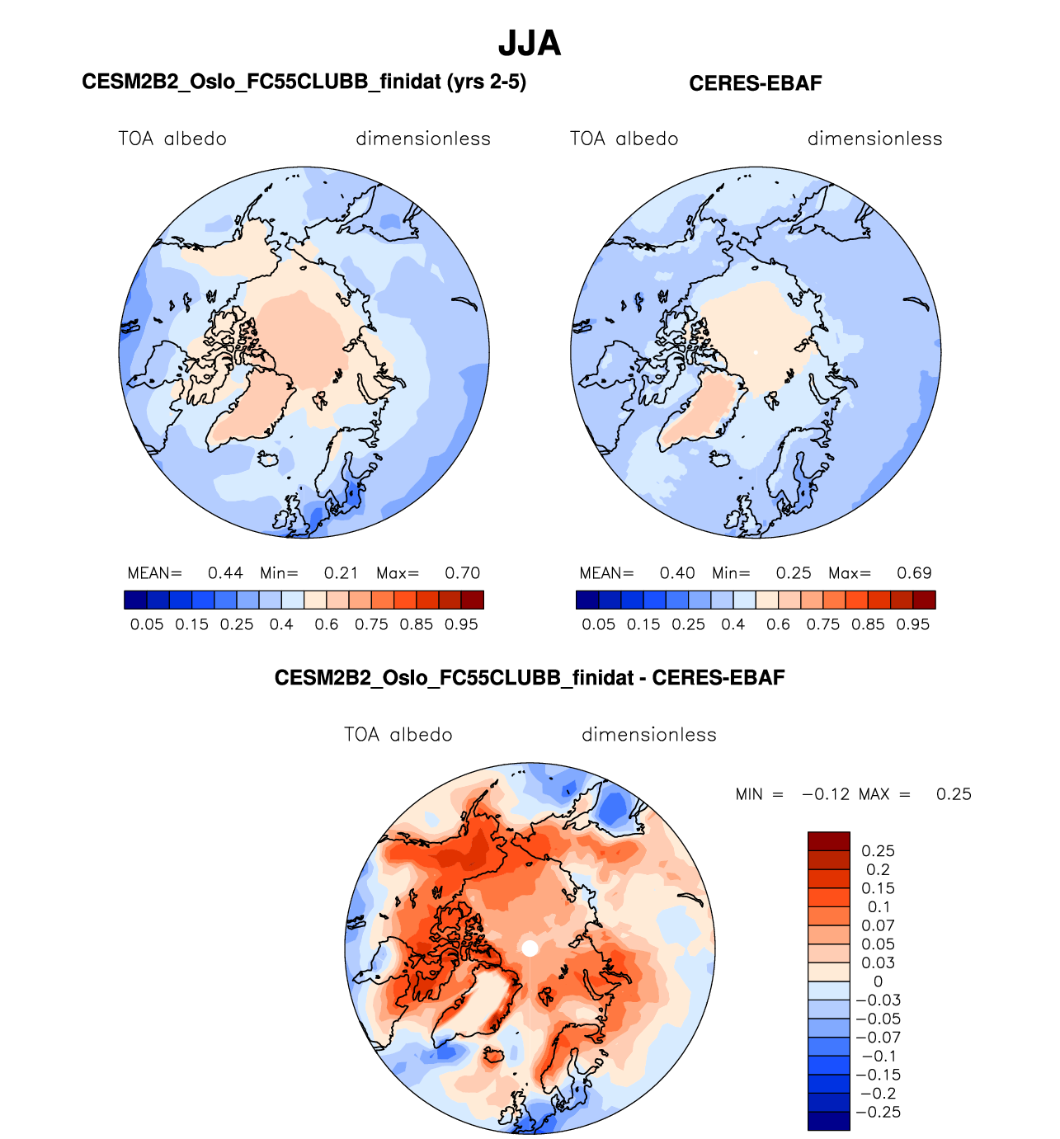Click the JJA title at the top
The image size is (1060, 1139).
pos(530,44)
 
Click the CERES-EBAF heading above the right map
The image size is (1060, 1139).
pos(755,83)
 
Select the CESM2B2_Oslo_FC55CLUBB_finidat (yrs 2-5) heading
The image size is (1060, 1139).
pos(304,82)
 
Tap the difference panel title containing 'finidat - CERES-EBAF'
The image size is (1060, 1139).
pos(530,678)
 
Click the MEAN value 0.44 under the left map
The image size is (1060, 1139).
pos(225,573)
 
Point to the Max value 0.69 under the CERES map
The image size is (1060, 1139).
pos(914,573)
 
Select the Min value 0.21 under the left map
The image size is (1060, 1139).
pos(341,573)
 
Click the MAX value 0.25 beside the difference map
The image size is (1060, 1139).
pos(954,794)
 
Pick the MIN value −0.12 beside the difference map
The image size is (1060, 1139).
pos(825,794)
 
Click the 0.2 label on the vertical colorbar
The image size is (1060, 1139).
pos(878,870)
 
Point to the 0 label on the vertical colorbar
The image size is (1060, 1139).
pos(878,981)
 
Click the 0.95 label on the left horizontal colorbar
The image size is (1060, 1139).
pos(461,624)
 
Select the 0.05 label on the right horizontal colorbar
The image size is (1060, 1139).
pos(598,624)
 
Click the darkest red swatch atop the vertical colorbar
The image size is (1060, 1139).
pos(828,841)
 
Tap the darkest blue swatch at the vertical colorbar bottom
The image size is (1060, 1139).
pos(828,1120)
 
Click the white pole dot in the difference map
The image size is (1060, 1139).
pos(530,948)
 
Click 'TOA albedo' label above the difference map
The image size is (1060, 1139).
pos(398,735)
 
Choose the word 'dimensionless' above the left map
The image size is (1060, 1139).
pos(423,139)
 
